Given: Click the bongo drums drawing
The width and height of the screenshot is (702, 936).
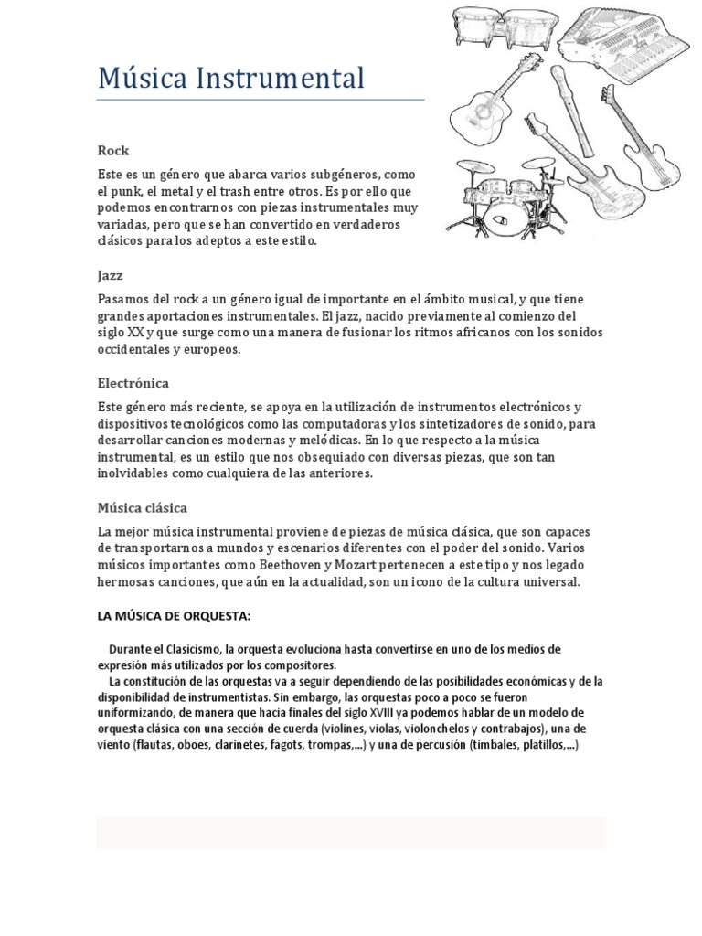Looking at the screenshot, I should pyautogui.click(x=505, y=29).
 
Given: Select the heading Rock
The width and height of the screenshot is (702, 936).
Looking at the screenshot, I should pyautogui.click(x=113, y=150).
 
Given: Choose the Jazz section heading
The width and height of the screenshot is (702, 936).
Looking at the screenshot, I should pyautogui.click(x=110, y=275).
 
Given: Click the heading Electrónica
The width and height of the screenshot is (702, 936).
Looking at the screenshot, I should pyautogui.click(x=133, y=383).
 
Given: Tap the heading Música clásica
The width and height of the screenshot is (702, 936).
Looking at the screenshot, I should pyautogui.click(x=143, y=507).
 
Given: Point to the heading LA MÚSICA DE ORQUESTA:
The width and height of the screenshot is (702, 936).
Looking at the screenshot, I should pyautogui.click(x=174, y=615).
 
